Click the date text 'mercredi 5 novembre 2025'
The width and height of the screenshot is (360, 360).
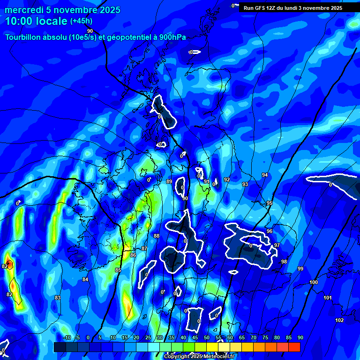click(x=62, y=10)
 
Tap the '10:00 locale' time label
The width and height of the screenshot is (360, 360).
click(x=37, y=21)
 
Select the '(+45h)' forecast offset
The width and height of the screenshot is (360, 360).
click(x=81, y=21)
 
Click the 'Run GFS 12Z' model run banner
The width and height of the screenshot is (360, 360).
click(x=293, y=8)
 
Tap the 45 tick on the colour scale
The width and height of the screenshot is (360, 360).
click(x=195, y=338)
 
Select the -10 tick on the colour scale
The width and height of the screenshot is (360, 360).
click(x=67, y=338)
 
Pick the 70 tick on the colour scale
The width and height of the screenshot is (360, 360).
click(x=254, y=338)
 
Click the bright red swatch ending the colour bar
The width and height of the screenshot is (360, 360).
click(x=294, y=347)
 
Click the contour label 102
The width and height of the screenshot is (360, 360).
click(x=339, y=320)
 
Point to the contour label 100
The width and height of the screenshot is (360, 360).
click(x=314, y=282)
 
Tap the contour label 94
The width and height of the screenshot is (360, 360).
click(x=265, y=175)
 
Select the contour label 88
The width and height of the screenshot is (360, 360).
click(x=157, y=236)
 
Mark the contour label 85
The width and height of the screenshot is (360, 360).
click(x=118, y=270)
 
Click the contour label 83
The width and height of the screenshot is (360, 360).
click(x=58, y=298)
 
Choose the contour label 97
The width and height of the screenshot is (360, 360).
click(x=277, y=245)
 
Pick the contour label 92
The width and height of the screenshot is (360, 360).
click(x=227, y=180)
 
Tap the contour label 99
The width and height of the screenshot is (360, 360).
click(x=300, y=269)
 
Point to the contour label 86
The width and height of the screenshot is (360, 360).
click(x=133, y=255)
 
